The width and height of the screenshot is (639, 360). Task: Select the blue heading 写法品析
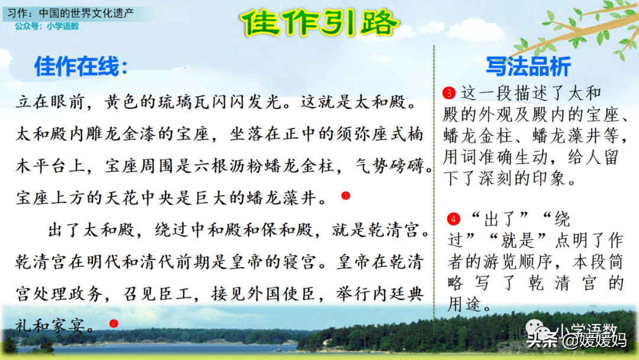pyautogui.click(x=528, y=66)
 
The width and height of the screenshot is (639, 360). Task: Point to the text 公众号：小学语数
pyautogui.click(x=47, y=26)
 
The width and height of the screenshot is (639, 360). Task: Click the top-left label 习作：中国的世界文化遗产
pyautogui.click(x=70, y=13)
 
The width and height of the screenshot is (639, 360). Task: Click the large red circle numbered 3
pyautogui.click(x=448, y=93)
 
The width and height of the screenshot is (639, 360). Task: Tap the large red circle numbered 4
pyautogui.click(x=453, y=219)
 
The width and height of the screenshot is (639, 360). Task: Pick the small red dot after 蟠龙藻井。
pyautogui.click(x=346, y=196)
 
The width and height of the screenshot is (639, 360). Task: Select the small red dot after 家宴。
pyautogui.click(x=114, y=324)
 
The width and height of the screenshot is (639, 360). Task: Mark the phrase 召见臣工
pyautogui.click(x=158, y=294)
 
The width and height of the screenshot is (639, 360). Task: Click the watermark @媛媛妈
pyautogui.click(x=595, y=340)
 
